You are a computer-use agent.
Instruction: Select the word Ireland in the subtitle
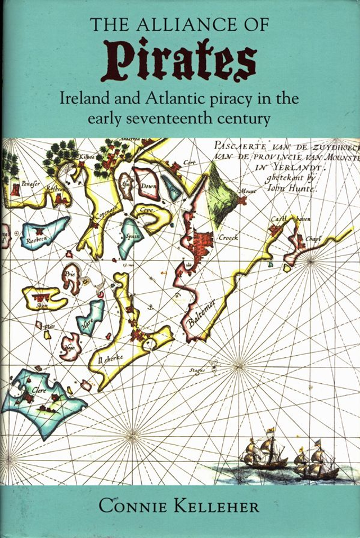[83, 99]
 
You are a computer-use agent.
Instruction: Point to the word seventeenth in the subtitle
[179, 119]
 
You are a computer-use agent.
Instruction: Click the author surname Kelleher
[216, 506]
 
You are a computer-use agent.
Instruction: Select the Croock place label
[228, 237]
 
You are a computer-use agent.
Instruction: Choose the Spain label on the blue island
[131, 237]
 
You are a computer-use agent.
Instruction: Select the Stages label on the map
[197, 370]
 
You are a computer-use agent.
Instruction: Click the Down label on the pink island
[148, 186]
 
